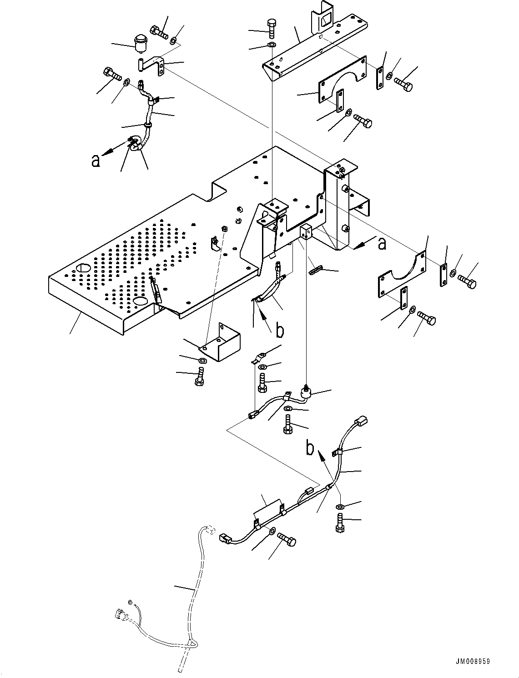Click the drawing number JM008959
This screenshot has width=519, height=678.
(471, 662)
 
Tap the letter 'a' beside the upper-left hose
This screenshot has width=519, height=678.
(96, 161)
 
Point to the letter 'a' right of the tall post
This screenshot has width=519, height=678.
(382, 244)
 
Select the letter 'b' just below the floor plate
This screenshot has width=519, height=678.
(280, 331)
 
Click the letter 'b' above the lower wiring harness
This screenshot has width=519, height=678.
(310, 449)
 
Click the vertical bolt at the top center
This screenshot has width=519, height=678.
(271, 28)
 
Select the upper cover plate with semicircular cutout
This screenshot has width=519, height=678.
(342, 80)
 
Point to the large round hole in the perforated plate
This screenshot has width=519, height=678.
(83, 268)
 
